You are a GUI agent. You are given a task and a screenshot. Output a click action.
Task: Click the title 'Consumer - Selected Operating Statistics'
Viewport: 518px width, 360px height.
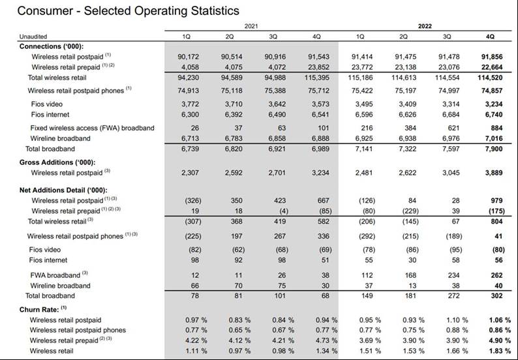click(x=120, y=11)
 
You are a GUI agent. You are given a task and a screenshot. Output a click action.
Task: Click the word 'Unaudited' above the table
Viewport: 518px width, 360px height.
click(x=33, y=37)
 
